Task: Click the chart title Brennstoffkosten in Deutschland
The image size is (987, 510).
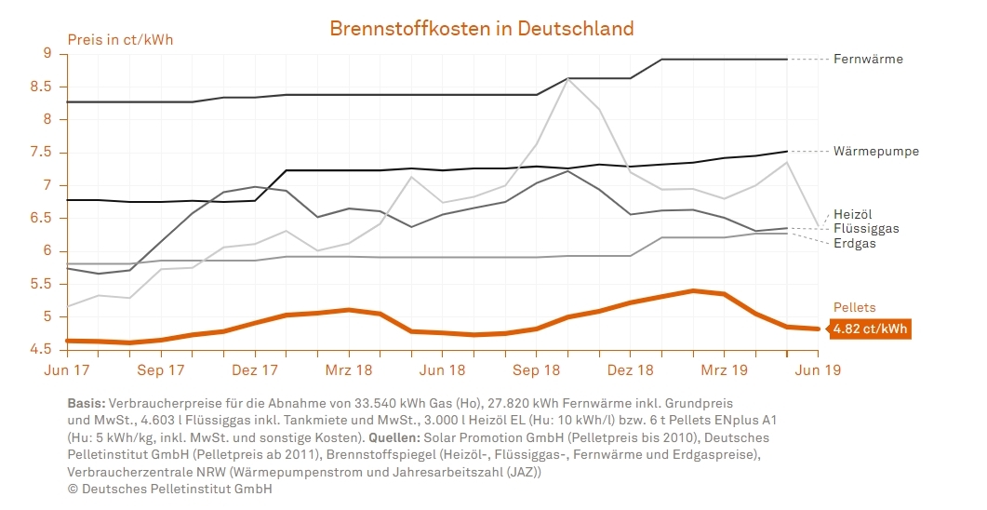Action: (482, 28)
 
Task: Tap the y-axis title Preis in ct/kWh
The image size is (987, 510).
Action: (120, 40)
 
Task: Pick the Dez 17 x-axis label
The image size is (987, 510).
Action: (255, 370)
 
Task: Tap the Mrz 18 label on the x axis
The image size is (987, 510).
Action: (348, 370)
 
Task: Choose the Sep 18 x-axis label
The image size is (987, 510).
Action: (537, 370)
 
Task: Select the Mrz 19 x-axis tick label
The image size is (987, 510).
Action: (724, 370)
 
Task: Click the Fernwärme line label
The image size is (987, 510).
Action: (868, 60)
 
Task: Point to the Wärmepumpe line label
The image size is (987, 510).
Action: (876, 151)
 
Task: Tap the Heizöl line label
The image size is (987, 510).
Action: (853, 214)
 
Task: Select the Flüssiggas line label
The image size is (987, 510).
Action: (866, 228)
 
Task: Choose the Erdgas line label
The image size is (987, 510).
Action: (855, 243)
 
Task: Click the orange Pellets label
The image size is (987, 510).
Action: (854, 307)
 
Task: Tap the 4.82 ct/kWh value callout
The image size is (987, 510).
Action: (870, 329)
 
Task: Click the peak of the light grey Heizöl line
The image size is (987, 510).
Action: (568, 78)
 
